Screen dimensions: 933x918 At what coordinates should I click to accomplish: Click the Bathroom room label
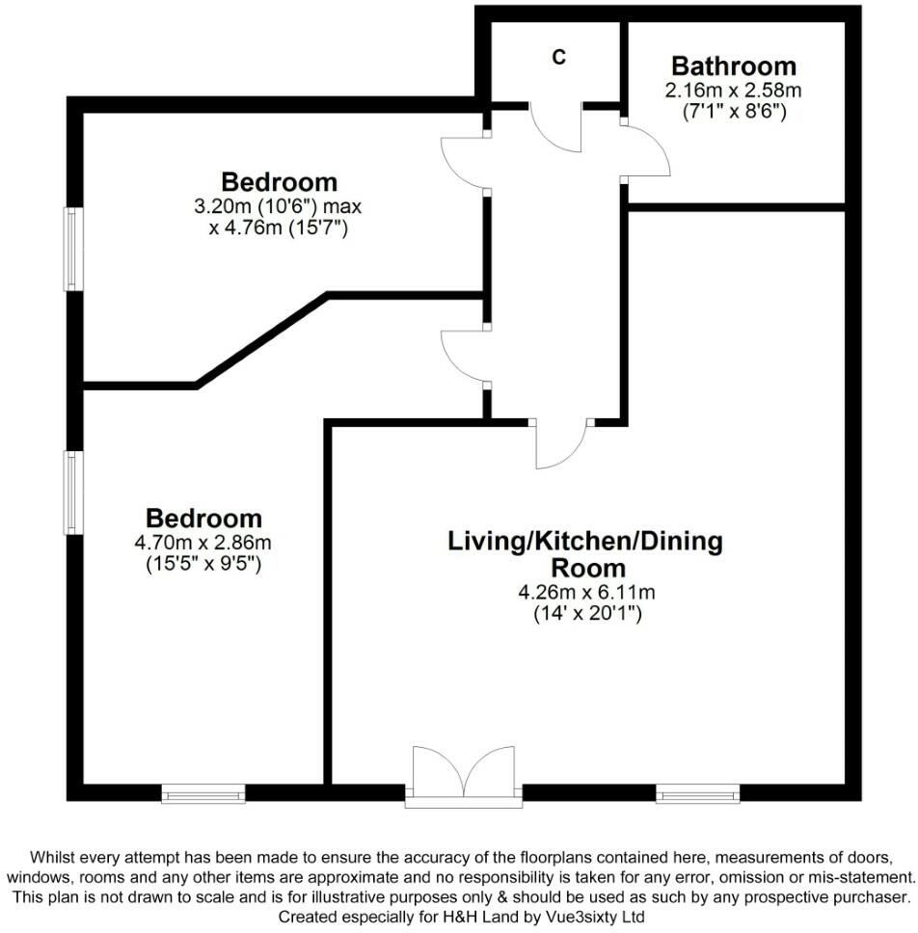(x=734, y=66)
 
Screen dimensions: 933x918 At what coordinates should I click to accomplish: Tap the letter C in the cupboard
(x=558, y=57)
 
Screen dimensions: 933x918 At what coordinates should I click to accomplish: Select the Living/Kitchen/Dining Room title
(x=585, y=553)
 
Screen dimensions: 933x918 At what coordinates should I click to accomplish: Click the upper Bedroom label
(x=279, y=181)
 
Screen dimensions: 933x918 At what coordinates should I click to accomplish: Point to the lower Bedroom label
(x=203, y=518)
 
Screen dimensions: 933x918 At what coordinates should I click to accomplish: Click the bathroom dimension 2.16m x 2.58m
(x=734, y=91)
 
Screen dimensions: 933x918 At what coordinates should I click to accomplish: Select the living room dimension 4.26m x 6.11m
(x=585, y=592)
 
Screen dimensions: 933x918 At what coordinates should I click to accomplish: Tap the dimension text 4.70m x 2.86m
(x=203, y=543)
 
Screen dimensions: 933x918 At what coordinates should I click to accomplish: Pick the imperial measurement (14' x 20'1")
(x=585, y=613)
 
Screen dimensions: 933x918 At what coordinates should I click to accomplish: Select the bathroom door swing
(x=645, y=150)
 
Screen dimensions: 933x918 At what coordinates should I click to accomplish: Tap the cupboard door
(x=555, y=126)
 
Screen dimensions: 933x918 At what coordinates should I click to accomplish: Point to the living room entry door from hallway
(x=559, y=444)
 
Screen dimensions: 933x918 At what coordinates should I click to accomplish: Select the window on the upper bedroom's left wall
(x=72, y=249)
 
